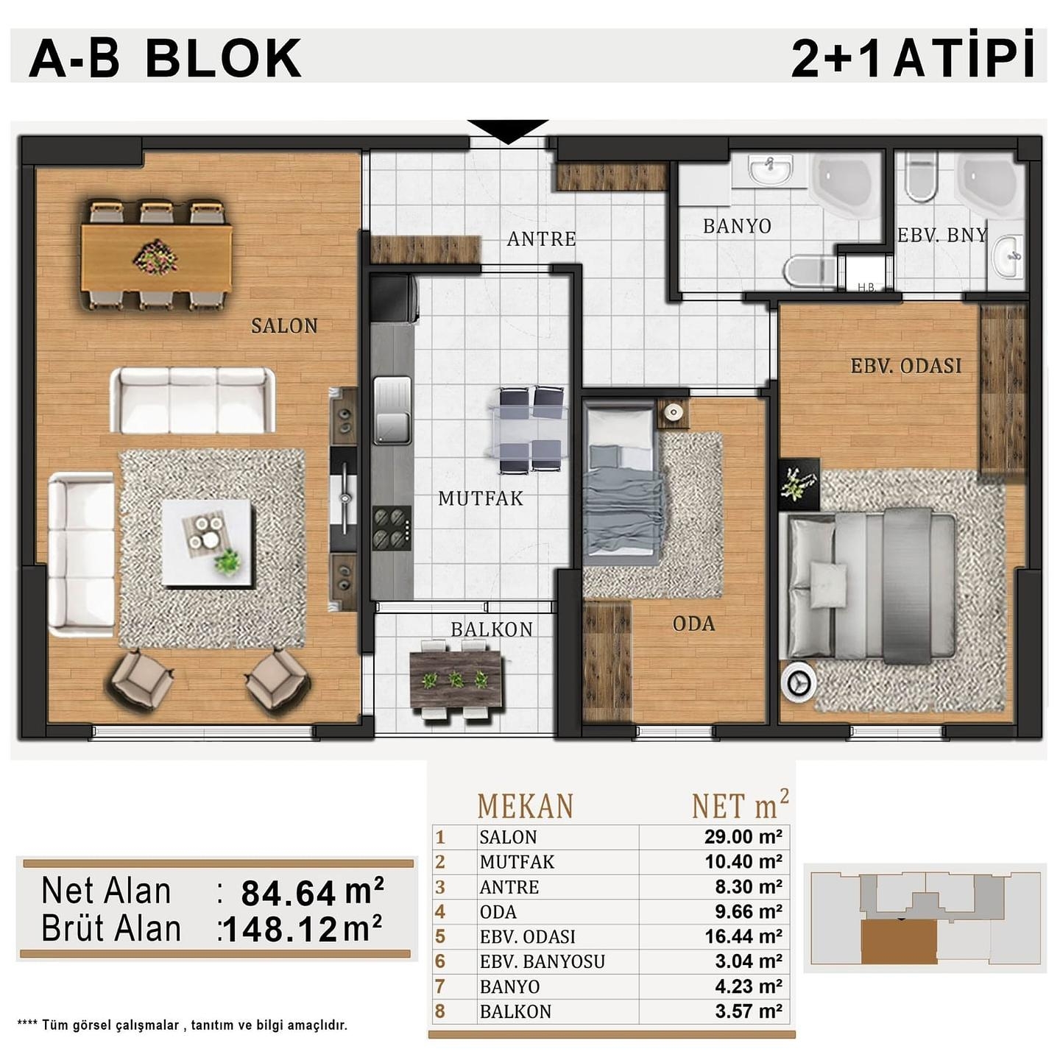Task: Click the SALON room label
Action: (x=284, y=325)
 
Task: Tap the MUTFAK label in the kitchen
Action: (x=480, y=498)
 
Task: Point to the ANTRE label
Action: (x=541, y=239)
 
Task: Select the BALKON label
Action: (x=491, y=629)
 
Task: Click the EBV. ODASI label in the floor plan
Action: (x=905, y=366)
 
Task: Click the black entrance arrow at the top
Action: (x=507, y=131)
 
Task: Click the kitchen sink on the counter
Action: (x=392, y=410)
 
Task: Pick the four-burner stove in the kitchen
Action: (x=391, y=527)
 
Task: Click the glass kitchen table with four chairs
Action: (x=530, y=429)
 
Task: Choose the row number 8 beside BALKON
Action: (x=440, y=1011)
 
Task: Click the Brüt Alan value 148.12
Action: (x=281, y=930)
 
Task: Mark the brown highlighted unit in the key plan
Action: (x=899, y=942)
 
